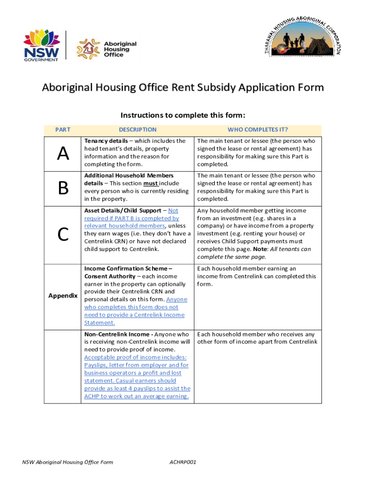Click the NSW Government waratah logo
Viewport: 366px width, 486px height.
pos(41,45)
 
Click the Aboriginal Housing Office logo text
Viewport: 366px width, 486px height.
pos(120,49)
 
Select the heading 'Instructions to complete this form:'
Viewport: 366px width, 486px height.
pos(183,115)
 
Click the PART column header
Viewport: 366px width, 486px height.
pos(63,130)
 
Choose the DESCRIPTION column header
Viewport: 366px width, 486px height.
pos(137,130)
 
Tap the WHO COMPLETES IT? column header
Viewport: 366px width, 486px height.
pos(258,130)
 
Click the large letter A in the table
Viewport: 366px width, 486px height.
pos(63,153)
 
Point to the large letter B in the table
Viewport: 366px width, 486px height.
pos(63,188)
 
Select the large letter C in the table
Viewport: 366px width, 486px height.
pos(63,234)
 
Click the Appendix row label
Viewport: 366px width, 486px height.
pos(63,296)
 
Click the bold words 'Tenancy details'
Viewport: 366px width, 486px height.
pos(106,141)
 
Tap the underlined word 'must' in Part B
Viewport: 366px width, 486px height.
pos(151,183)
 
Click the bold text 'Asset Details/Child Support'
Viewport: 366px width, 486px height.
pos(123,210)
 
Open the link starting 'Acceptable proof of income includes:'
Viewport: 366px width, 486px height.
pos(135,357)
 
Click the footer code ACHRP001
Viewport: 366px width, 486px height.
pos(183,462)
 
